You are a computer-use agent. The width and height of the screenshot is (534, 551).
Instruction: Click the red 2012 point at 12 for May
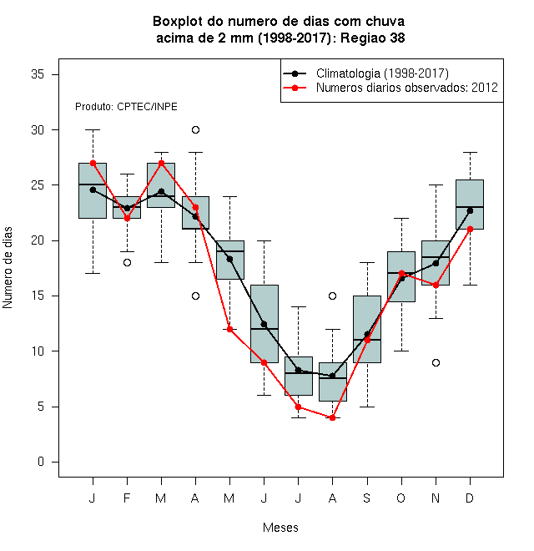[229, 329]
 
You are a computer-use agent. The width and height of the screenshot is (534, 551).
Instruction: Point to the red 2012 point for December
[470, 229]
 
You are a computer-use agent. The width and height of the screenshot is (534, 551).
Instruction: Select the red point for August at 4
[332, 417]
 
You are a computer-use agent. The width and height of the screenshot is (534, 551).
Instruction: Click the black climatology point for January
[93, 190]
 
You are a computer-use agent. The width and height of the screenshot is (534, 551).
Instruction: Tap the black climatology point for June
[264, 324]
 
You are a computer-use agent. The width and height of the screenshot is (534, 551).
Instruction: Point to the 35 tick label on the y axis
[38, 74]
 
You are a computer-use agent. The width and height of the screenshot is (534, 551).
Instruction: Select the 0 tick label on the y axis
[41, 462]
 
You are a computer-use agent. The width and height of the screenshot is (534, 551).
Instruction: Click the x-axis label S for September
[367, 498]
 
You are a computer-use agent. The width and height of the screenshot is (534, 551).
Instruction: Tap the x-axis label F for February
[127, 498]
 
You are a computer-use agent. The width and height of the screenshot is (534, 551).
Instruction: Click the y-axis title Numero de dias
[8, 268]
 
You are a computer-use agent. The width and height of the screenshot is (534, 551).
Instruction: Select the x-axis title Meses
[280, 528]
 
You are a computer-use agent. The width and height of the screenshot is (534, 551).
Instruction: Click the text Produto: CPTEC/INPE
[126, 107]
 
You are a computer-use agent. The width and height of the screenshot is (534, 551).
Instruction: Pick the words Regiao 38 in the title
[373, 38]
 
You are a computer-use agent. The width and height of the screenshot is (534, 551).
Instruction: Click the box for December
[470, 205]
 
